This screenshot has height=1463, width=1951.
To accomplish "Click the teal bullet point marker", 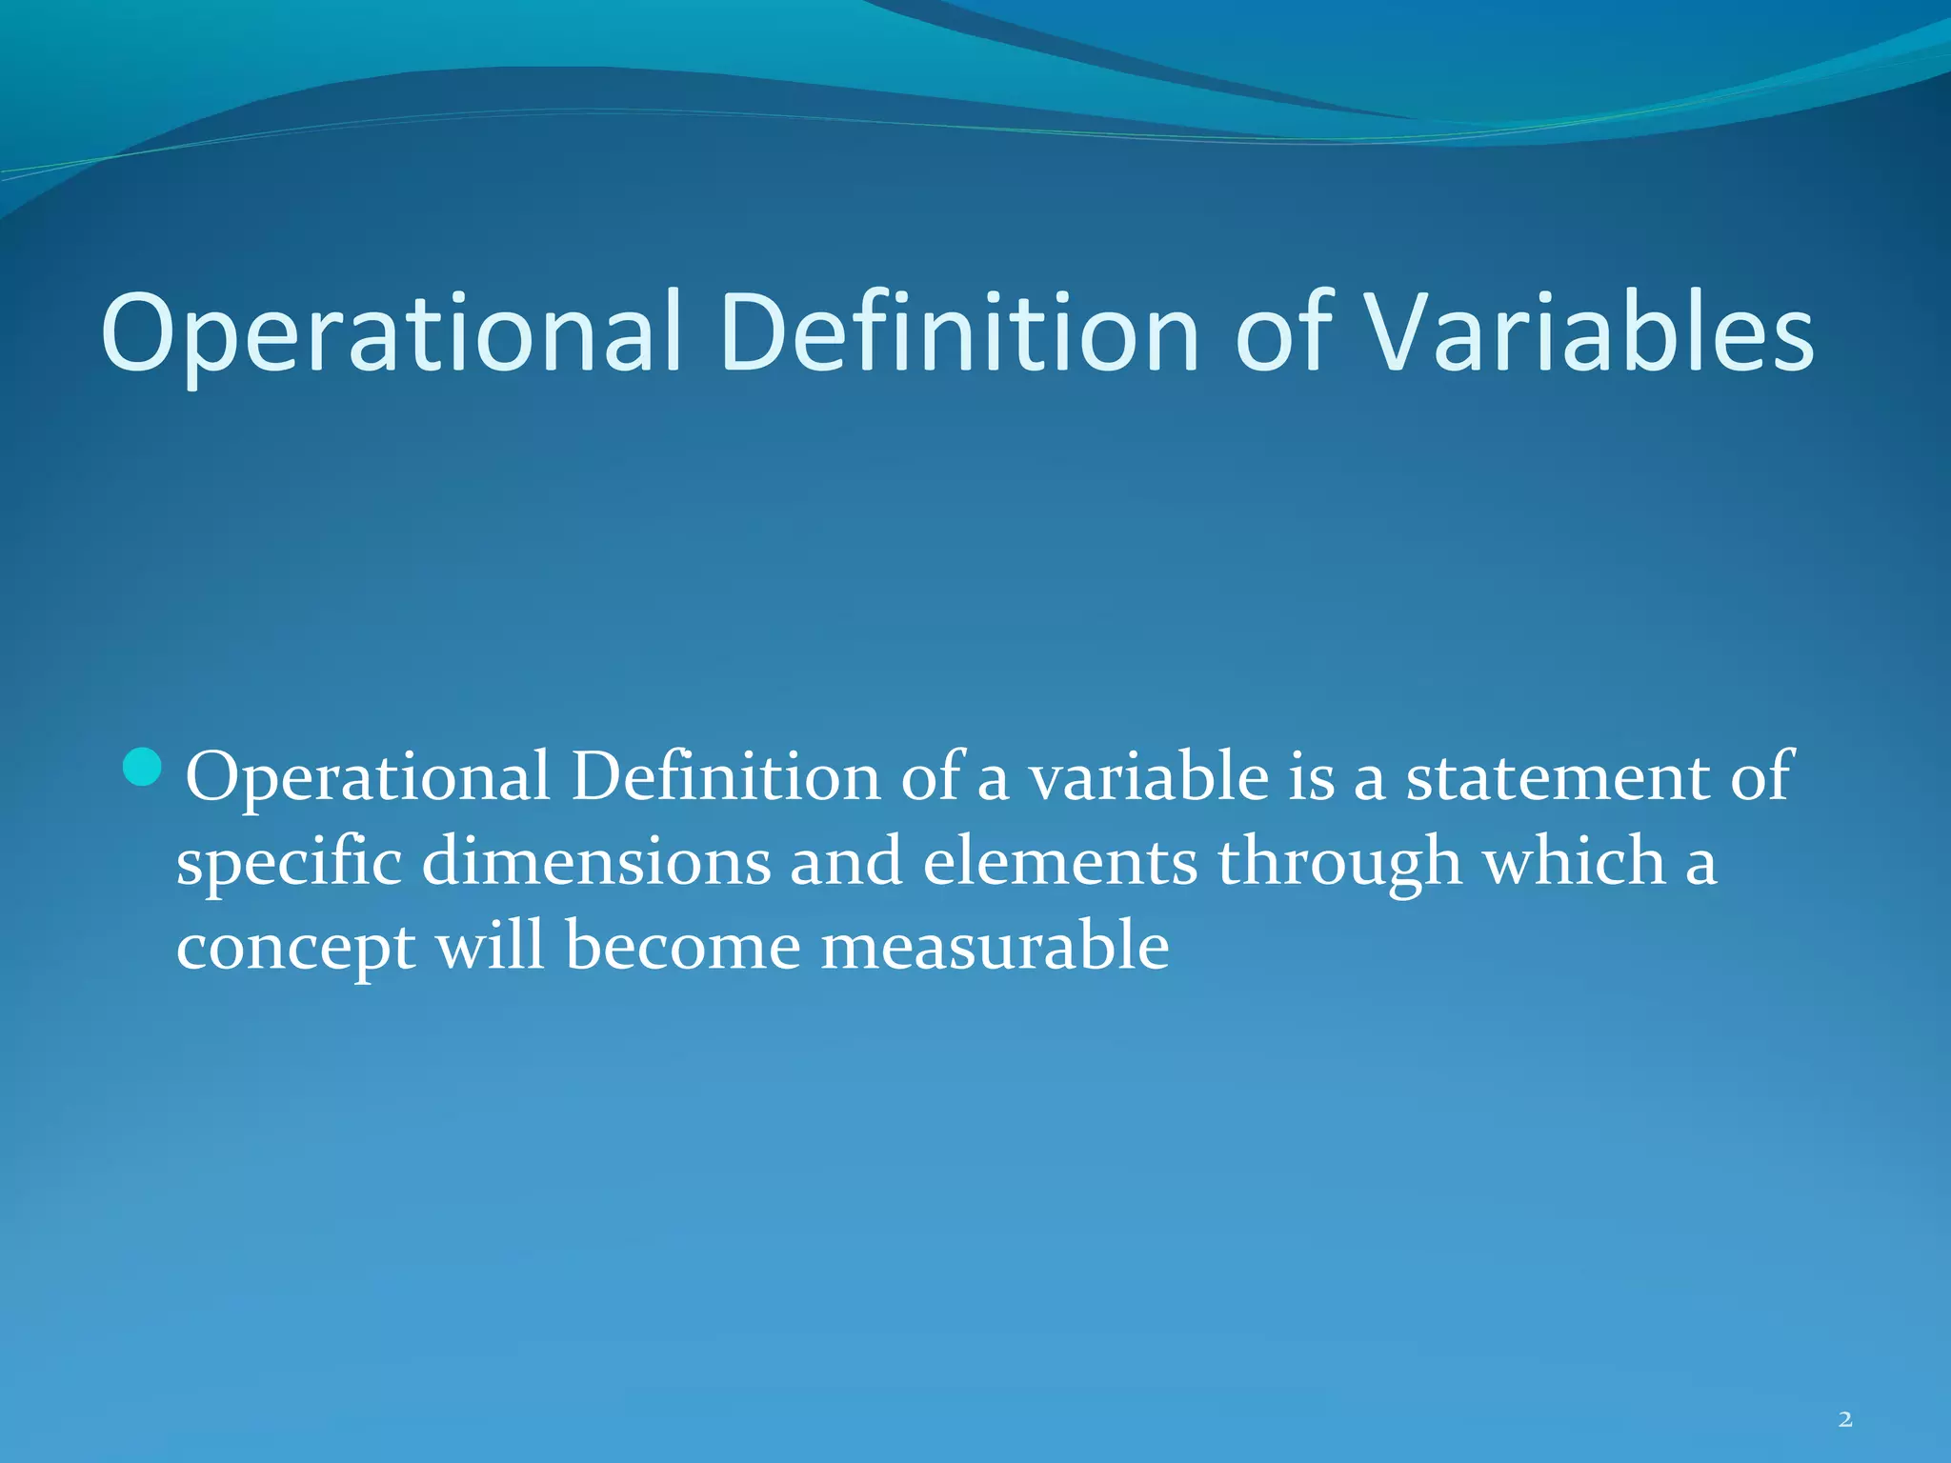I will [x=143, y=768].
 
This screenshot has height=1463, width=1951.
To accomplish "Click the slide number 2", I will [x=1845, y=1420].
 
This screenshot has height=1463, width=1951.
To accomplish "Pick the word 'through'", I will [x=1338, y=862].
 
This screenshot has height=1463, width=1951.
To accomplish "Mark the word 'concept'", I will [x=295, y=948].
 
